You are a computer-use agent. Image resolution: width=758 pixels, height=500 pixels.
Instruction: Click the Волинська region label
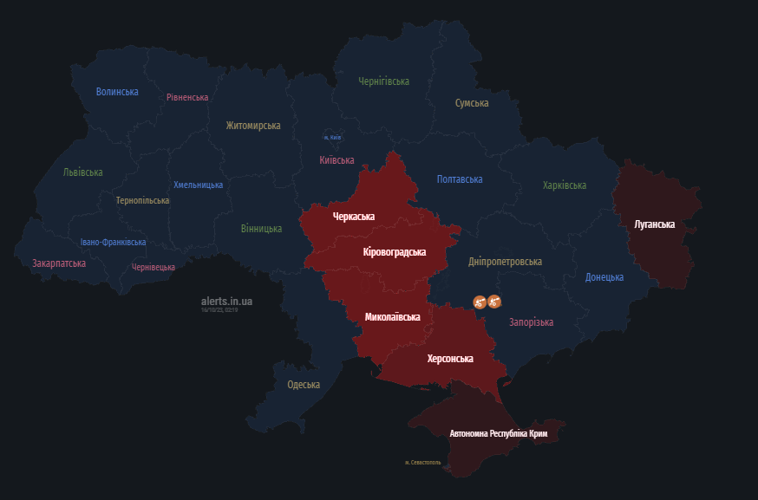coord(117,92)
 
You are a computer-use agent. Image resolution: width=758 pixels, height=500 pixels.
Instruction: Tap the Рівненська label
coord(187,97)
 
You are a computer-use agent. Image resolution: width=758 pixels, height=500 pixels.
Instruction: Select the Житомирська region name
coord(253,126)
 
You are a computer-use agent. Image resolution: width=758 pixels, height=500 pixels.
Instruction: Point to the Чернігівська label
coord(383,81)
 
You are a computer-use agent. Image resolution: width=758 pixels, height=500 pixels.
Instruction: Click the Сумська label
coord(472,103)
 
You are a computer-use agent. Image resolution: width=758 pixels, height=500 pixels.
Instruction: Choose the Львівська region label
coord(82,172)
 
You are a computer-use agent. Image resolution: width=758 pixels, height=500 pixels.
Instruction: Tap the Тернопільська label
coord(143,200)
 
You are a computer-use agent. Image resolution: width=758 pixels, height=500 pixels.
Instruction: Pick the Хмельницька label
coord(198,185)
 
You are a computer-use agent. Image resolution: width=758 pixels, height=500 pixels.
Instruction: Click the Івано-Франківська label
coord(113,243)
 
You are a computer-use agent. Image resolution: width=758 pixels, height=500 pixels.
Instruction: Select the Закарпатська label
coord(59,263)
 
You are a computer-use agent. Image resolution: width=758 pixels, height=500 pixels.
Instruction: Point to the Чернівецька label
coord(154,268)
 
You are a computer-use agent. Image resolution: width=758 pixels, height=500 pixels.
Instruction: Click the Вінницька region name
coord(261,229)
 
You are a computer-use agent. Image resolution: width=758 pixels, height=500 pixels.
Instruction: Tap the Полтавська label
coord(460,179)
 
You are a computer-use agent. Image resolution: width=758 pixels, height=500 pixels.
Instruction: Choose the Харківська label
coord(565,185)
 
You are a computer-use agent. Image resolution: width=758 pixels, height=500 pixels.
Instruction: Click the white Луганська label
coord(654,224)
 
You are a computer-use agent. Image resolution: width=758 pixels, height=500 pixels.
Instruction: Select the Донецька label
coord(604,277)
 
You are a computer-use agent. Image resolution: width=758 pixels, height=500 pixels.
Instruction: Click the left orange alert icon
coord(479,302)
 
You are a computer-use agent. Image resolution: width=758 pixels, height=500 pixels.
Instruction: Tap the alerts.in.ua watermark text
coord(227,301)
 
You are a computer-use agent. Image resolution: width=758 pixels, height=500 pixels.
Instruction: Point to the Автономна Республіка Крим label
coord(499,432)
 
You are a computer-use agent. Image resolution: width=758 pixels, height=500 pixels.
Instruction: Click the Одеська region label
coord(304,385)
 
